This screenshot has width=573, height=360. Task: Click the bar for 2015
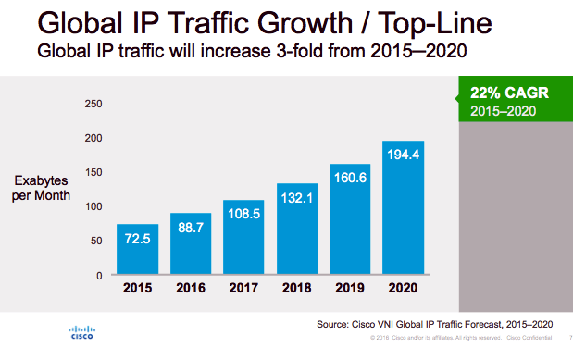click(x=137, y=249)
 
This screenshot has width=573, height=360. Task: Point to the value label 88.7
click(x=190, y=242)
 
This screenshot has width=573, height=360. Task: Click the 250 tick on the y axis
click(x=93, y=104)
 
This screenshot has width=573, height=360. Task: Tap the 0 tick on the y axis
click(x=98, y=275)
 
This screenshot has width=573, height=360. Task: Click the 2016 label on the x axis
click(x=190, y=287)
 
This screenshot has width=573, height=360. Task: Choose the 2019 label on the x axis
click(x=349, y=287)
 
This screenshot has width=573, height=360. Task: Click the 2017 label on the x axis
click(x=243, y=287)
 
